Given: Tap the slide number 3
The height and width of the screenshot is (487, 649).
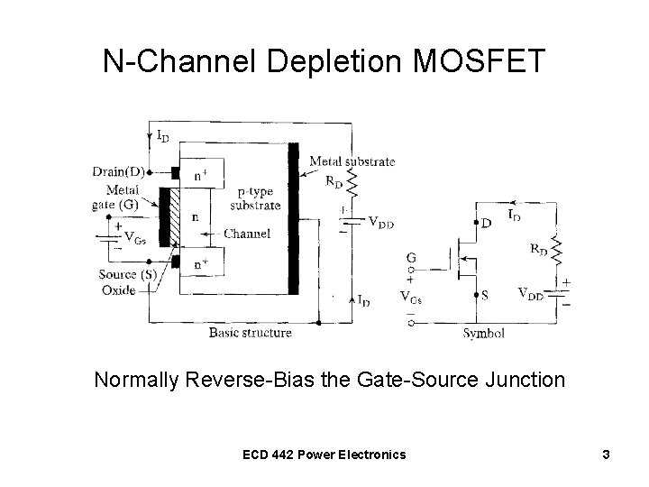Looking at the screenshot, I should click(x=607, y=454).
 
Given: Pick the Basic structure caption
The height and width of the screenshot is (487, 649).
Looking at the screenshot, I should click(x=250, y=333).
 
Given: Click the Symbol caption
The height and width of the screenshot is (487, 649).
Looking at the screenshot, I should click(x=483, y=333).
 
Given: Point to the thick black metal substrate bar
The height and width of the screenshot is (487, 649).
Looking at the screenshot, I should click(x=292, y=216).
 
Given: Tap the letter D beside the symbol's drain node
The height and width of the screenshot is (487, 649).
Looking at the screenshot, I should click(x=488, y=223).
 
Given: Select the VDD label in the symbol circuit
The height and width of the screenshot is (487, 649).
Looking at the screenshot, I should click(x=531, y=293).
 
